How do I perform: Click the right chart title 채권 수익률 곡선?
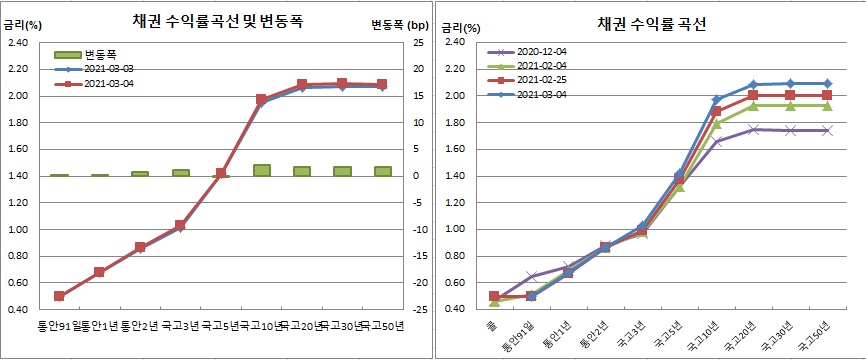click(650, 24)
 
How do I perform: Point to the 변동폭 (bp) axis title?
click(394, 24)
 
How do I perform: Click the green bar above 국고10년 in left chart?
click(262, 170)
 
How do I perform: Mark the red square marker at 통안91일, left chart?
click(59, 296)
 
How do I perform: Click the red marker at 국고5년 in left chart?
click(221, 174)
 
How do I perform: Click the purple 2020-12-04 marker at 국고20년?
click(753, 129)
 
